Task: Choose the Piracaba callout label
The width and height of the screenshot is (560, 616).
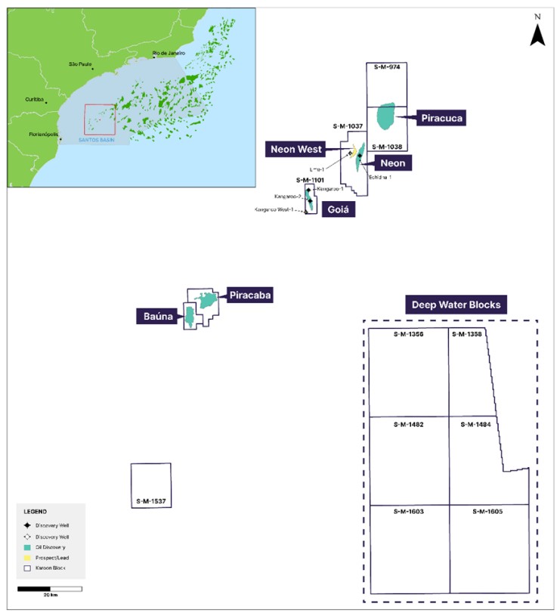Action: pos(249,296)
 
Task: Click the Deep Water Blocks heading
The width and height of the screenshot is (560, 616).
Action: pos(456,305)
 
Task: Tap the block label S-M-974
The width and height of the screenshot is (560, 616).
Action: pos(386,67)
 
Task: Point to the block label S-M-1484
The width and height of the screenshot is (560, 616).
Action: pos(475,425)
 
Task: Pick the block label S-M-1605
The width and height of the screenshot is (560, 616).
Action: pos(487,512)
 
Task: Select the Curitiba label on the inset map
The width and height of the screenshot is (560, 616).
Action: pos(35,99)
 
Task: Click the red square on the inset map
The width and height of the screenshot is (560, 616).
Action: pos(99,119)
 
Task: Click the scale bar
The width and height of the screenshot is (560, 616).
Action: pos(49,588)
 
